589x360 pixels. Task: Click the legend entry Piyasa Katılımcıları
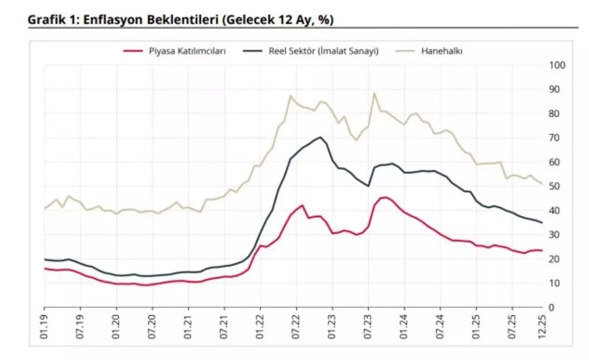pos(187,51)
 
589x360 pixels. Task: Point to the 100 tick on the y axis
pos(560,65)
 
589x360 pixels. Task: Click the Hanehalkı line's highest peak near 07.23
pos(375,93)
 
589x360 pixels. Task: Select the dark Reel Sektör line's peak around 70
pos(320,137)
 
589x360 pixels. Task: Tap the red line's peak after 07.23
pos(386,198)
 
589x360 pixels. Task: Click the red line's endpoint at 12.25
pos(542,250)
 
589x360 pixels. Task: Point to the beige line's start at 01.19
pos(45,208)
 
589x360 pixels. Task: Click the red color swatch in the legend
pos(133,51)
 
